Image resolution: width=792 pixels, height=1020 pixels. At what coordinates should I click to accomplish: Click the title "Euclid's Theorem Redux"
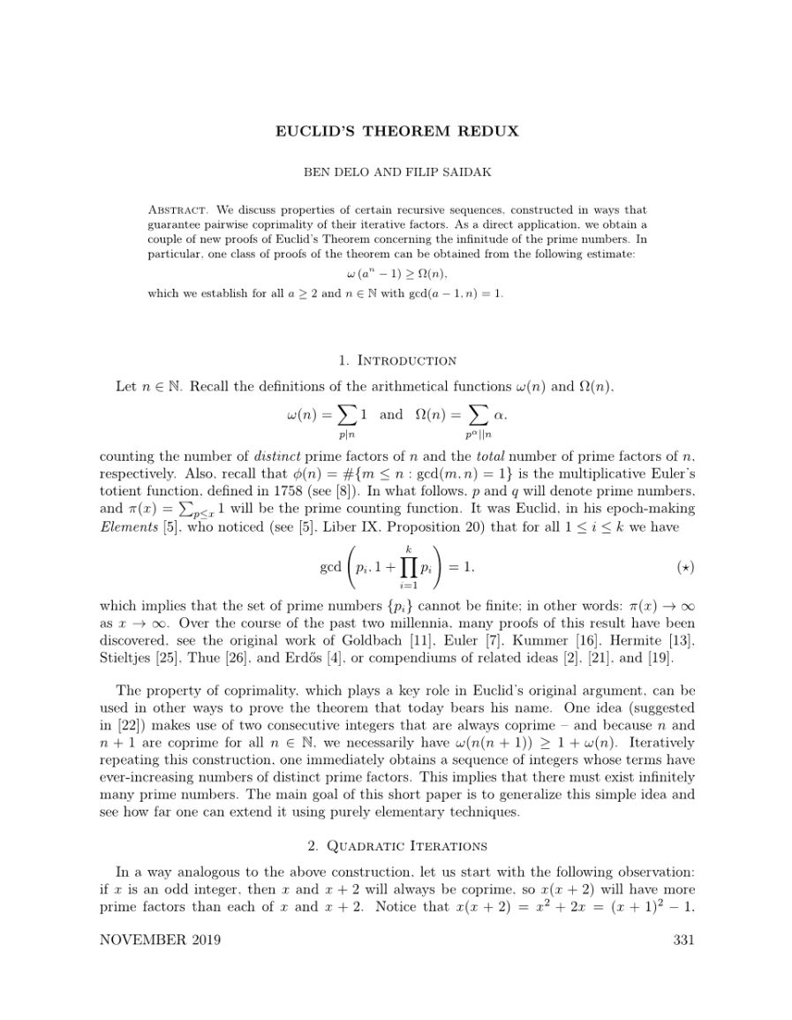point(396,132)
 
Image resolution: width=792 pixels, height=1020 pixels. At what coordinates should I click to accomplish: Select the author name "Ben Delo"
point(333,173)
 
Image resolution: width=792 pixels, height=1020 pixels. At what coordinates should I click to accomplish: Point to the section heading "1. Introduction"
point(396,360)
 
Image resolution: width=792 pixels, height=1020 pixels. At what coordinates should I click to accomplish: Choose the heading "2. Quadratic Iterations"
point(396,846)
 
